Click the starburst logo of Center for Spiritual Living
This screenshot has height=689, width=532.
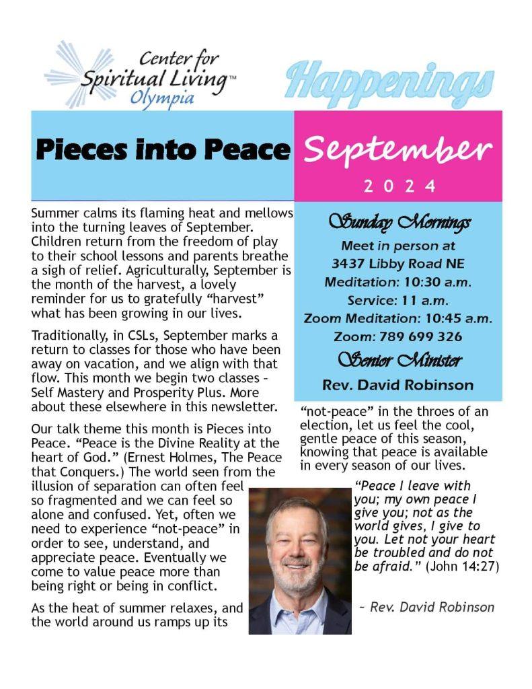pos(70,74)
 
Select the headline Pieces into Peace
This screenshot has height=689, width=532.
pos(163,149)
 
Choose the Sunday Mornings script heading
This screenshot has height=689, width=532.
pos(399,221)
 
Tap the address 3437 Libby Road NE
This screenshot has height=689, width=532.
pos(398,263)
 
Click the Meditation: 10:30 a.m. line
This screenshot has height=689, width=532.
pos(398,282)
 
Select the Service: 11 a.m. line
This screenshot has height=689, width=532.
pos(398,300)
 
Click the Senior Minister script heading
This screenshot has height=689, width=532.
pos(399,361)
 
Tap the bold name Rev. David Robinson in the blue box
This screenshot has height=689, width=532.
pos(398,386)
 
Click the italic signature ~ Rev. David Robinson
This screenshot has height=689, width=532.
pos(426,607)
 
